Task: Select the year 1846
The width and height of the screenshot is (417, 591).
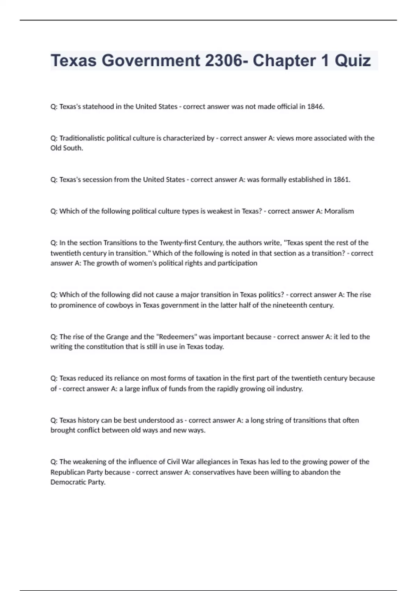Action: pyautogui.click(x=315, y=107)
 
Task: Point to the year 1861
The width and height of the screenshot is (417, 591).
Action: pyautogui.click(x=341, y=180)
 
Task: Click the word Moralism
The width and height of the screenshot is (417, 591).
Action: pyautogui.click(x=339, y=211)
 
